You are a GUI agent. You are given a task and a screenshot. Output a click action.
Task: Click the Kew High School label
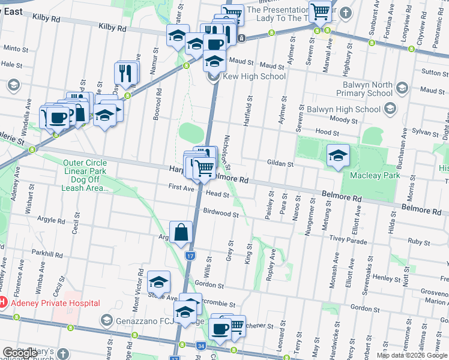coord(254,77)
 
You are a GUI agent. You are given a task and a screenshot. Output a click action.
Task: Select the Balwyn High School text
coord(343,110)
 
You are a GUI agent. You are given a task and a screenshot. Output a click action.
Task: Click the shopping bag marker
coord(181,232)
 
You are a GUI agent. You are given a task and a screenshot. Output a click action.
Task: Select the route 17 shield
coord(190,256)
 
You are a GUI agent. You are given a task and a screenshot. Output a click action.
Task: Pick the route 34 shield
coord(200,346)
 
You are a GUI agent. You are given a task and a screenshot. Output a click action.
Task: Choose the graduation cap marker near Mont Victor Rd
coord(158,281)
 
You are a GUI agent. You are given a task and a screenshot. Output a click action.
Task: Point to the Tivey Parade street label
coord(349,241)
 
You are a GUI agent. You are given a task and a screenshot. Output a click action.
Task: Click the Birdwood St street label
coord(221,213)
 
